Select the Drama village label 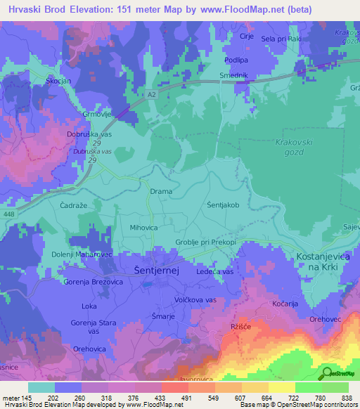pyautogui.click(x=161, y=191)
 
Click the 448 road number pyautogui.click(x=8, y=214)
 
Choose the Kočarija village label pyautogui.click(x=287, y=303)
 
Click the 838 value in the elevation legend pyautogui.click(x=346, y=398)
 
